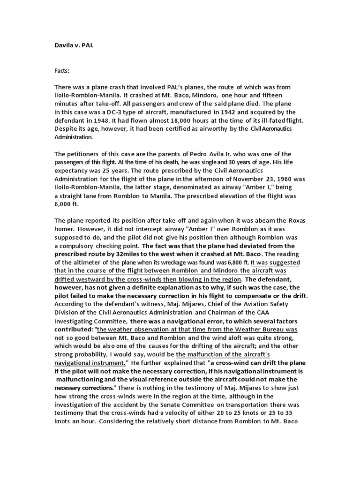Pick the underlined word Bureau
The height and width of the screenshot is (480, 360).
(261, 329)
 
